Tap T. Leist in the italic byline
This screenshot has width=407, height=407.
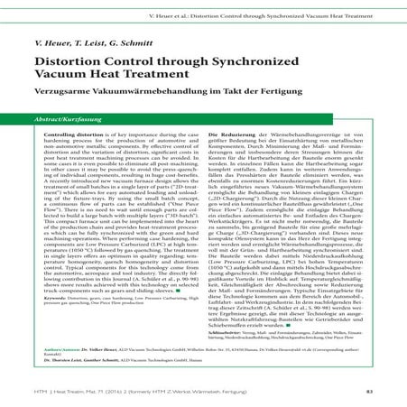97,44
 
